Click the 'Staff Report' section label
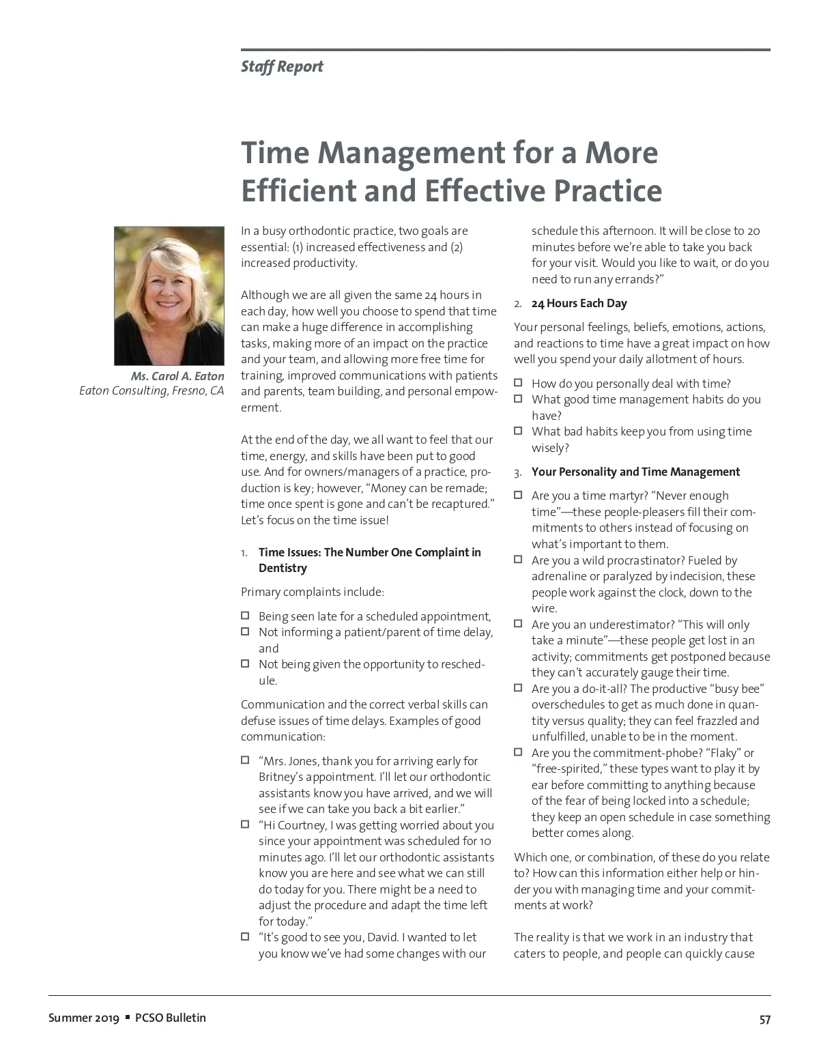click(282, 67)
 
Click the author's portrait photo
click(169, 296)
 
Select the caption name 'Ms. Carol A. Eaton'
click(177, 376)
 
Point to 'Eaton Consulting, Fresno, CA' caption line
click(152, 391)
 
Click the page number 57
click(764, 1020)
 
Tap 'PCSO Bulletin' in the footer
click(171, 1018)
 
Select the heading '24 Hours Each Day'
click(579, 303)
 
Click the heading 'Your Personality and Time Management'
click(635, 472)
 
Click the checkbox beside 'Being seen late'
click(245, 616)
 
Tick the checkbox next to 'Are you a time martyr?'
click(518, 495)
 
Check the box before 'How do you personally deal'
click(518, 383)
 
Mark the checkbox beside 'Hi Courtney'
click(245, 825)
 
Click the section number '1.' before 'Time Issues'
click(244, 552)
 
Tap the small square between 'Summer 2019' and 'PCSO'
click(127, 1018)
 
